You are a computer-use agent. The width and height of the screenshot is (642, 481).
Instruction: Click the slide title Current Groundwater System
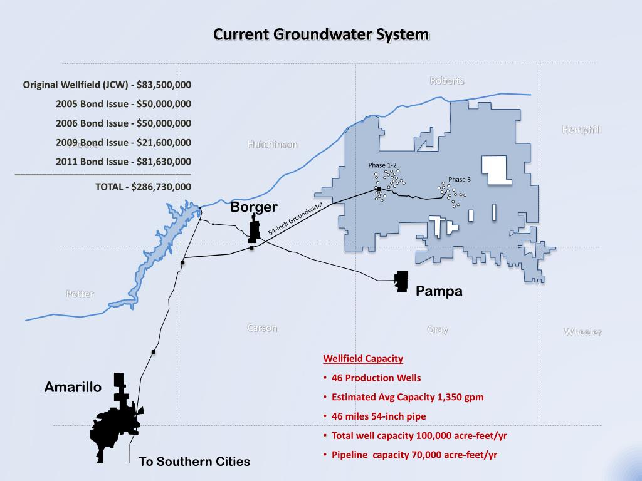(321, 34)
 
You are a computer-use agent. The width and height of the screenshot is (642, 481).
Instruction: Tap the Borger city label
(254, 207)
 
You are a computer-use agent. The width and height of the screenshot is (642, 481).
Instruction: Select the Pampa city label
(439, 291)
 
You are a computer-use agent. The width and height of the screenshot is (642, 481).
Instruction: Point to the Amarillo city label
(73, 388)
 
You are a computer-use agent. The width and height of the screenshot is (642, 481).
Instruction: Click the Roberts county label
(447, 81)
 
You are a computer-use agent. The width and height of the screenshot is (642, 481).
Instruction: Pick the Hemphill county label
(581, 130)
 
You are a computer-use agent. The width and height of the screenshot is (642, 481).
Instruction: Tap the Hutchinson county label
(272, 144)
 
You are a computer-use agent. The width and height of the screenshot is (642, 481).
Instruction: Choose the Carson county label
(262, 328)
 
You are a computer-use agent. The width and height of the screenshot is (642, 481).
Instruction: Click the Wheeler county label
(582, 332)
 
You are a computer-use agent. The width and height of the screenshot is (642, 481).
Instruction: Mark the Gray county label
(437, 329)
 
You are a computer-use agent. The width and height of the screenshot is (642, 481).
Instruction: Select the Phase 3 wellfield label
(460, 180)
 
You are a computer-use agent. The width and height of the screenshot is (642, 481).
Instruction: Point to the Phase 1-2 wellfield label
(382, 165)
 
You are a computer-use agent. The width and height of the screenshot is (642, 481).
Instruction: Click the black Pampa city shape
(401, 281)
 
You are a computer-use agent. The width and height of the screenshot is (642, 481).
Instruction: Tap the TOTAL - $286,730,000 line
(143, 187)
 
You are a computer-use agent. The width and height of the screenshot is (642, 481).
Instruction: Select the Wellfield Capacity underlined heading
(363, 359)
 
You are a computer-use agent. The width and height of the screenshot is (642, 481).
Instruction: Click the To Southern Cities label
(194, 462)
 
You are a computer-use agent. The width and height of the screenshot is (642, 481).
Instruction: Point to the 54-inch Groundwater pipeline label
(295, 219)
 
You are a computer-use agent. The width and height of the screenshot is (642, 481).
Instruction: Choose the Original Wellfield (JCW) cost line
(107, 85)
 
